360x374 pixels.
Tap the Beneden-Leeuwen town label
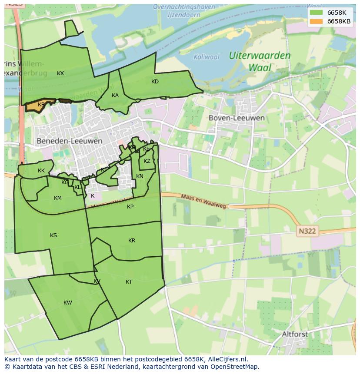70,141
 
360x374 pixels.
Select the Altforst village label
295,334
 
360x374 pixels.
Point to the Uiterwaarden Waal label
260,61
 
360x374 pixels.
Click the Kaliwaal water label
207,56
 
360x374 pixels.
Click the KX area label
60,73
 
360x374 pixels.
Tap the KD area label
155,82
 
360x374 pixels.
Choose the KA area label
115,96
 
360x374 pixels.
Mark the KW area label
68,303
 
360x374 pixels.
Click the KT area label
129,282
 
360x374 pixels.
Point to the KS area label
53,235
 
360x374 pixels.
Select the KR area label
132,241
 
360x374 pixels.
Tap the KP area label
130,207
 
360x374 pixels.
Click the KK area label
41,171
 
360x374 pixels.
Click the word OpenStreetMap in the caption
234,367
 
